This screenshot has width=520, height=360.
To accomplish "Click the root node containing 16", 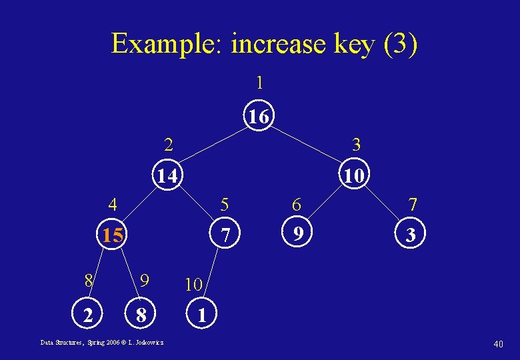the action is coord(259,117).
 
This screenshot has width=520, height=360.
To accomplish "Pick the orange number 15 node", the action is coord(112,235).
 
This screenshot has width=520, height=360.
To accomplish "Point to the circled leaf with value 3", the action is coord(412,235).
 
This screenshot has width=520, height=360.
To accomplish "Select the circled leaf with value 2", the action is coord(87,314).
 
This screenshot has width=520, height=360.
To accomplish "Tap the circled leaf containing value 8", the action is coord(141,314).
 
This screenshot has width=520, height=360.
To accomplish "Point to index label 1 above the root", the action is coord(259,83).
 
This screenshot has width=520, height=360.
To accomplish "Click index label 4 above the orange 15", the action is coord(115,203).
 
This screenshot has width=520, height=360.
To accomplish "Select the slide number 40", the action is coord(498,343).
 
